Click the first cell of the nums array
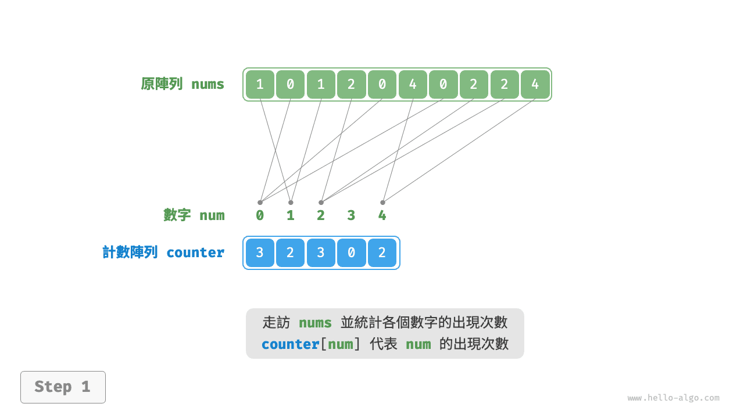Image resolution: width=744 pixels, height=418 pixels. (260, 84)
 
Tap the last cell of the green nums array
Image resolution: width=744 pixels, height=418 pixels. (535, 84)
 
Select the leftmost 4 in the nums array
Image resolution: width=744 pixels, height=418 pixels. (413, 84)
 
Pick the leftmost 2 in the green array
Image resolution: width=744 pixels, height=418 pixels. (351, 84)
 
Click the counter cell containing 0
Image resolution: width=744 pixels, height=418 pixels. (351, 253)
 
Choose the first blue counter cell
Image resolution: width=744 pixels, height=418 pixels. (260, 253)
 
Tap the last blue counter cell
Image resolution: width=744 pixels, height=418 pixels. (382, 253)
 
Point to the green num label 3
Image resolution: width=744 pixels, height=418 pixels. (351, 215)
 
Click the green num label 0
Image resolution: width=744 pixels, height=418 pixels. (260, 215)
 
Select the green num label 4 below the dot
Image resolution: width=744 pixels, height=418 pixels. (382, 215)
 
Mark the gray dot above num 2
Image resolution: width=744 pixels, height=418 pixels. (321, 203)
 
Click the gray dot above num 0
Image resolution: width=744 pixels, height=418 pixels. (260, 203)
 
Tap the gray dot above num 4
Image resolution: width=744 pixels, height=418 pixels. (382, 203)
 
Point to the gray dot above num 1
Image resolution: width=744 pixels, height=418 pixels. (291, 203)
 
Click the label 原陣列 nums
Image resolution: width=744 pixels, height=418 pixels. (183, 84)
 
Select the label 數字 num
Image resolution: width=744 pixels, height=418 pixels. (194, 215)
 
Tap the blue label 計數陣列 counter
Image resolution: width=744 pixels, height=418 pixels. (163, 253)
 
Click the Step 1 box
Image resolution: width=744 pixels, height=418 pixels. (63, 387)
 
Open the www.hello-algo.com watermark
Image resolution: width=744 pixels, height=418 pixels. (673, 398)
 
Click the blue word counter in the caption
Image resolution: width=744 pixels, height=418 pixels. (290, 344)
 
